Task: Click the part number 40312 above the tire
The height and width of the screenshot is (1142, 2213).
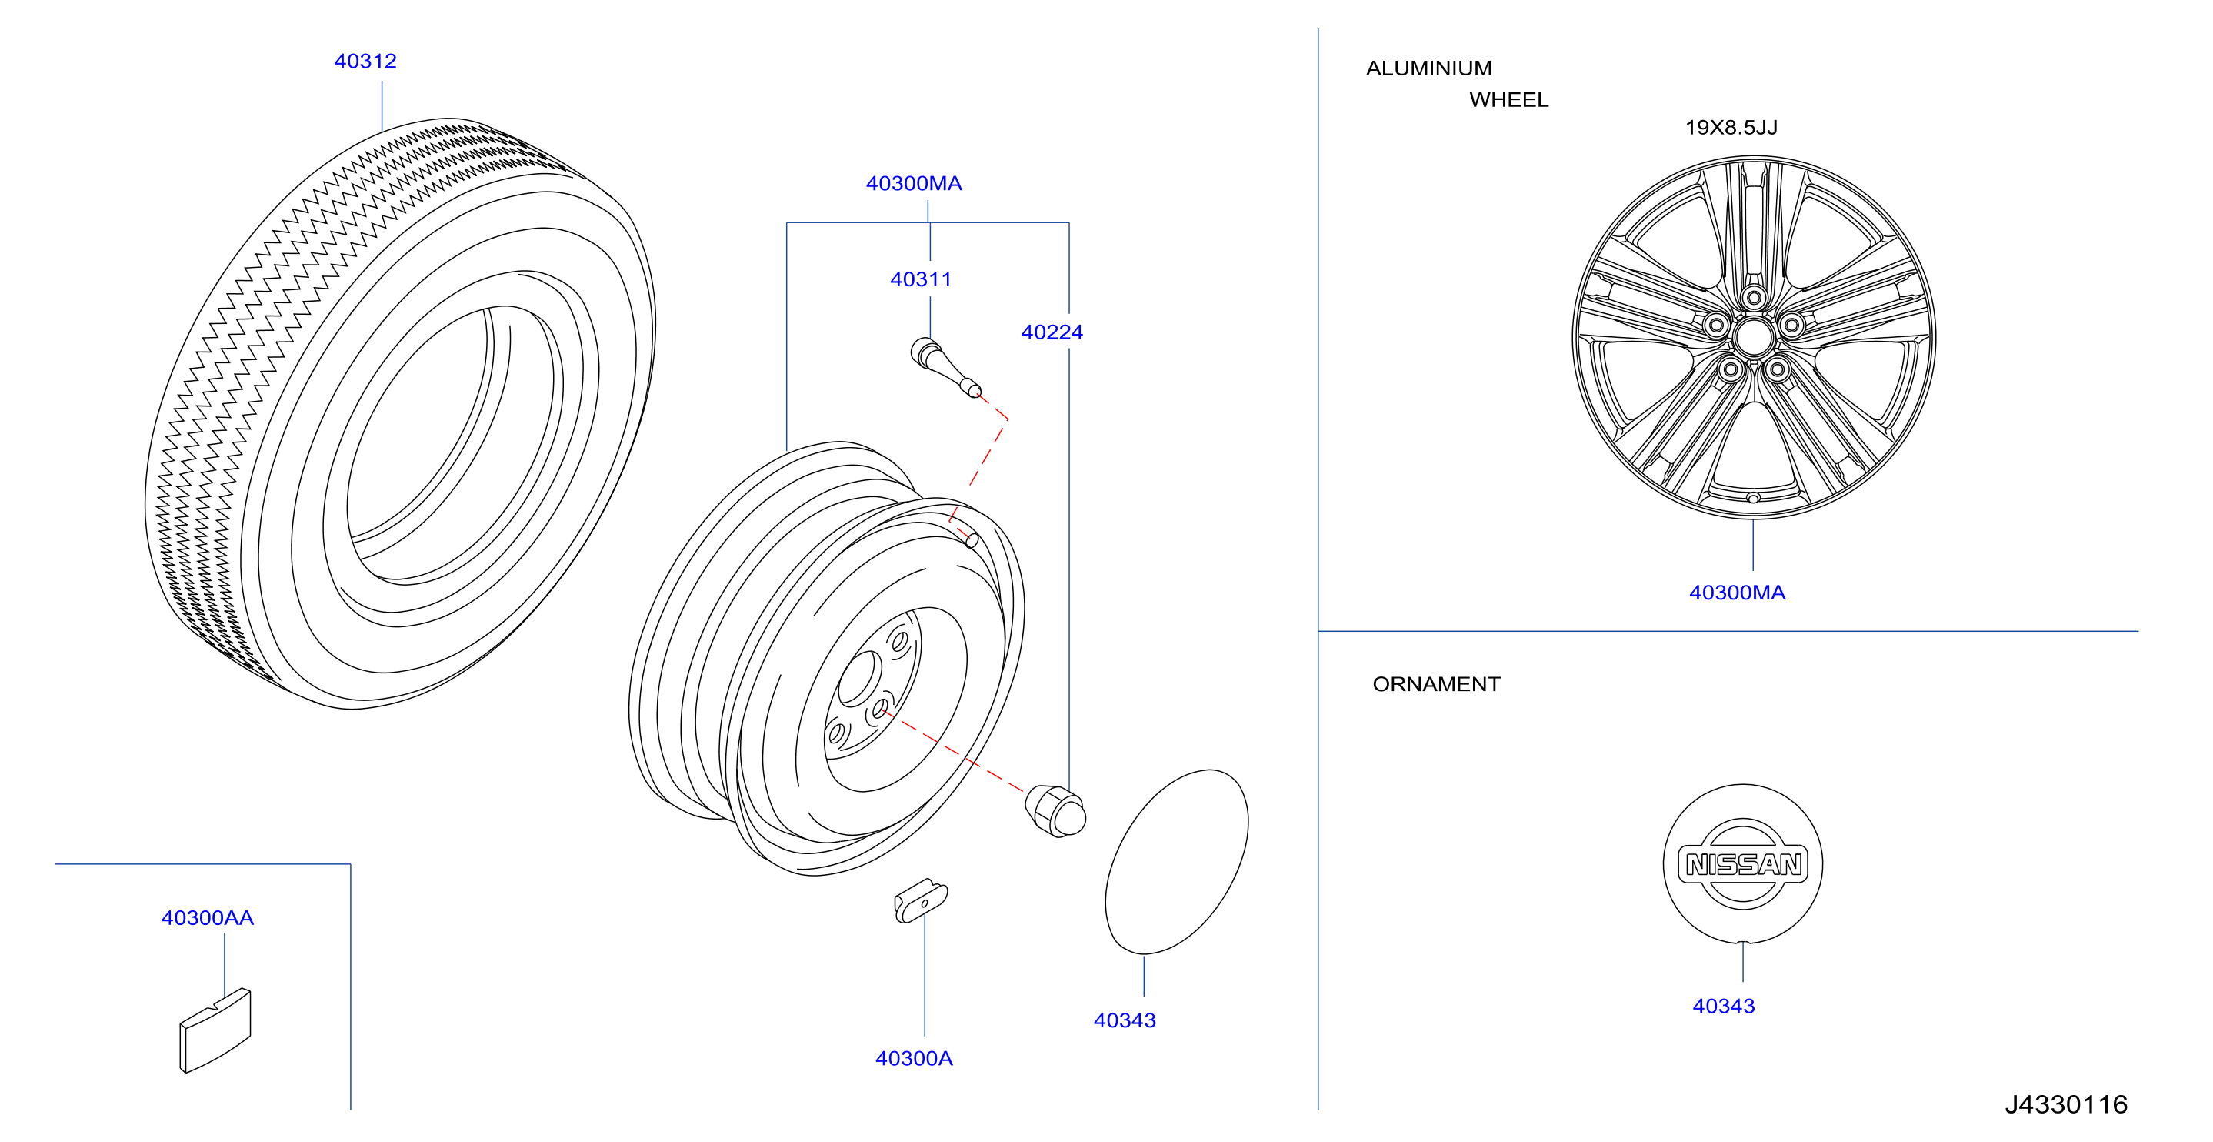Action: coord(365,62)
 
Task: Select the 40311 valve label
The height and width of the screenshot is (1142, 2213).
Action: coord(921,280)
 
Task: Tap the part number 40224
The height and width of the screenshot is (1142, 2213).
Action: coord(1052,332)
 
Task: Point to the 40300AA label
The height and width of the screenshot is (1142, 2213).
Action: coord(208,919)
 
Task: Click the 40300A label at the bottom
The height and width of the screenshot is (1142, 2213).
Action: coord(914,1059)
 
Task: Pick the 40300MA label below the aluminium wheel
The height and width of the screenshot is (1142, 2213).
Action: coord(1737,593)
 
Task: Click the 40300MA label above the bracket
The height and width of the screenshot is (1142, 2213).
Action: coord(914,184)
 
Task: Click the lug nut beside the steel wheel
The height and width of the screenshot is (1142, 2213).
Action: coord(1056,811)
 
